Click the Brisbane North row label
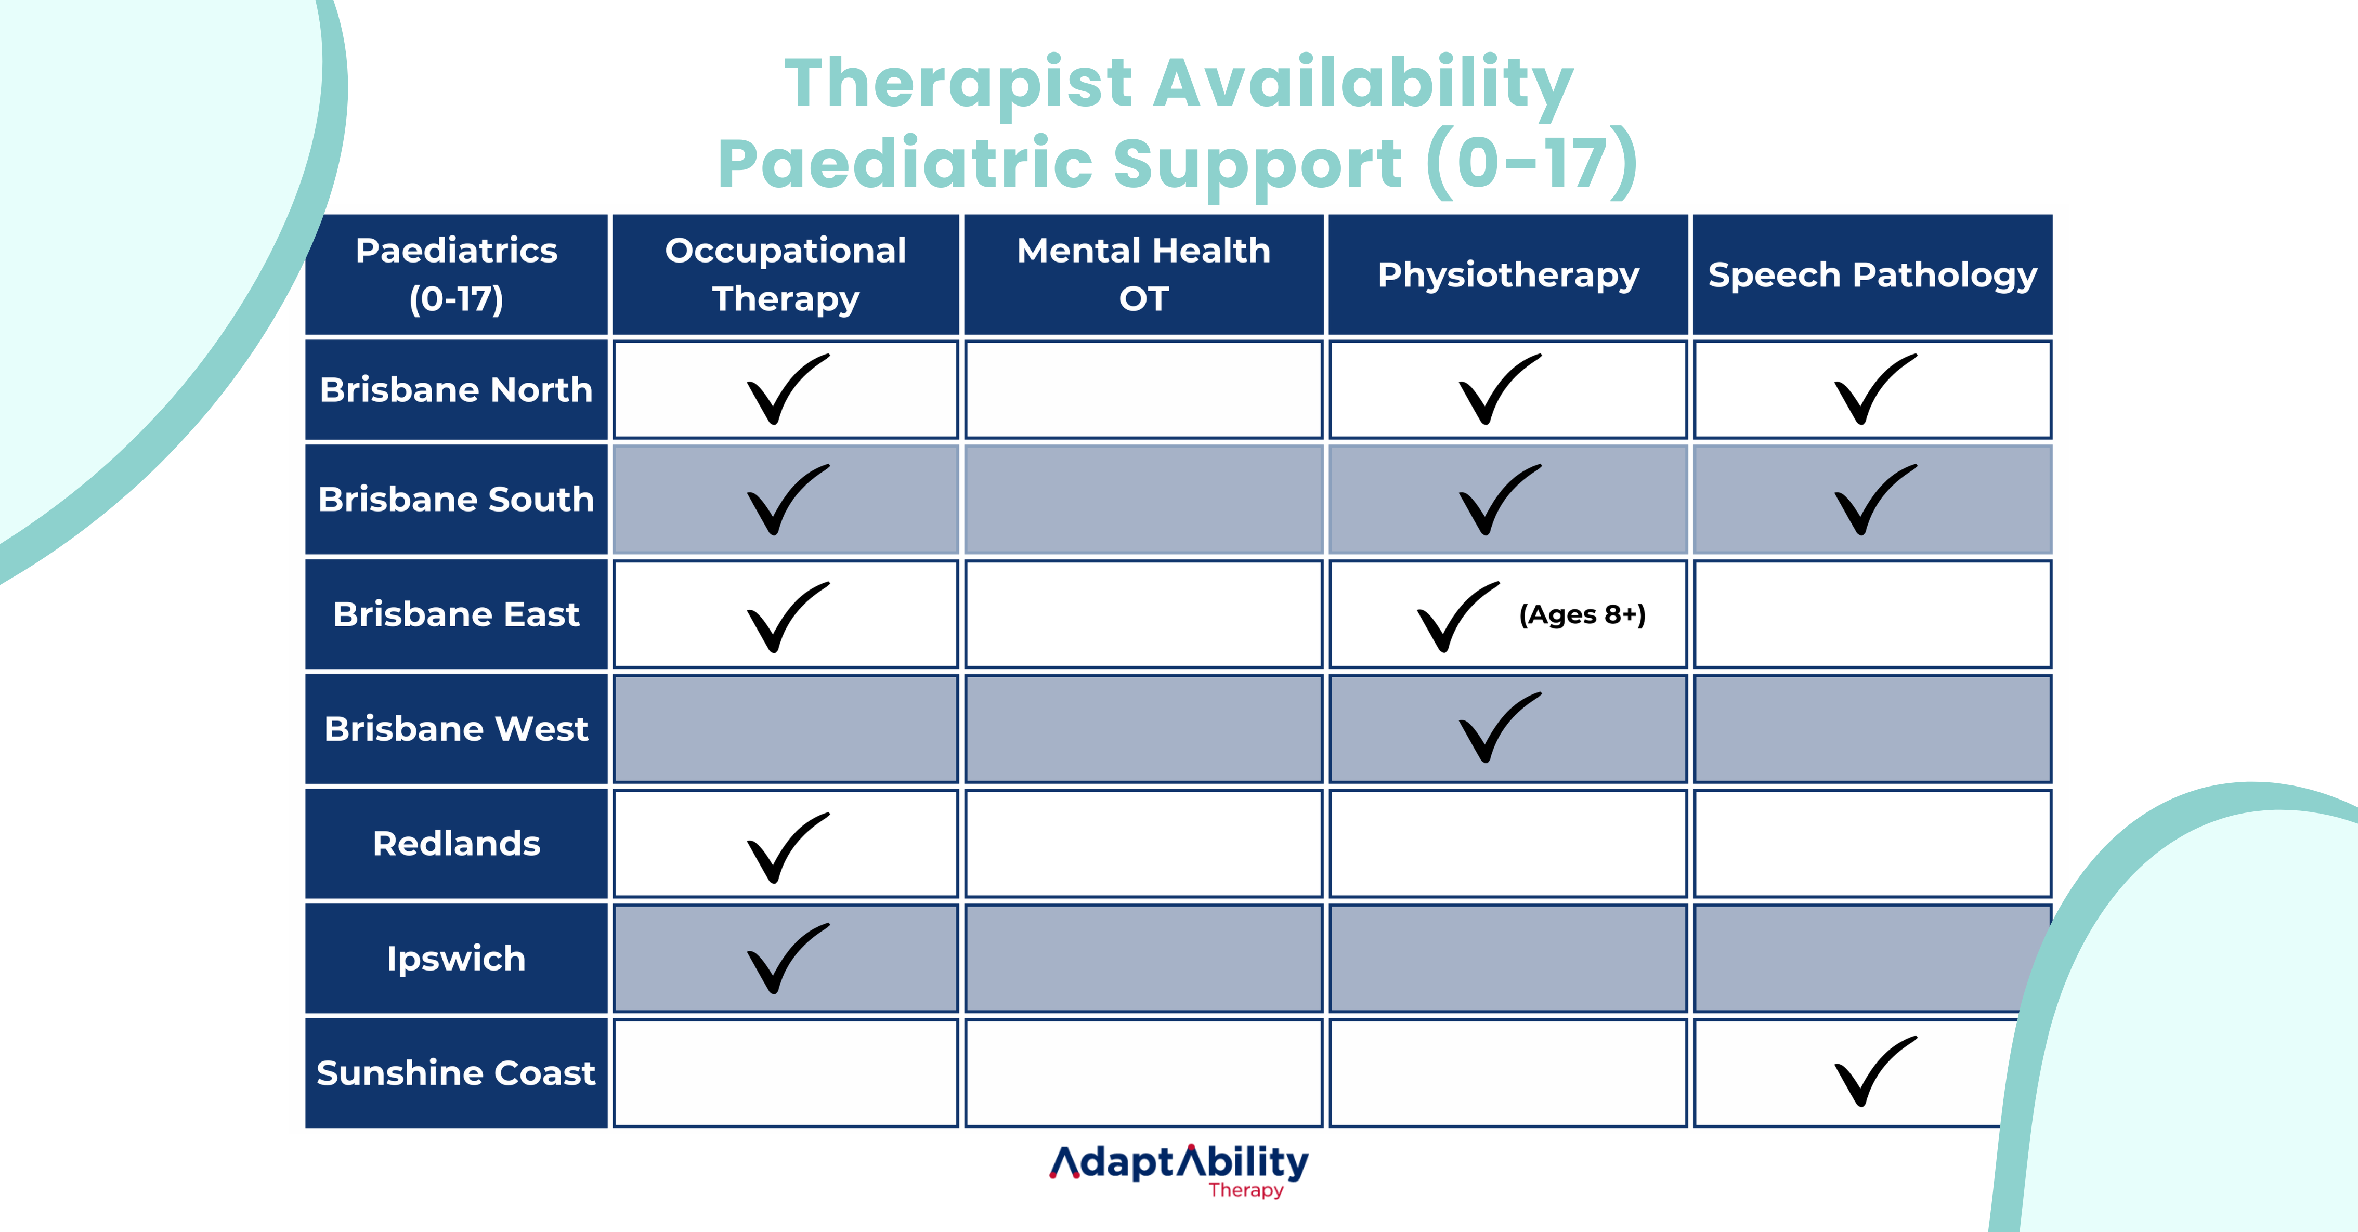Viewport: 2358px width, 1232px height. (456, 390)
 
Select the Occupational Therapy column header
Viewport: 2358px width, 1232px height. (785, 274)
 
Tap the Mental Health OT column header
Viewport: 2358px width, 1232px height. (1143, 274)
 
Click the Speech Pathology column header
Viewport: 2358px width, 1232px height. (1872, 274)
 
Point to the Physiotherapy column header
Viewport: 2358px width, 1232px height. (1508, 274)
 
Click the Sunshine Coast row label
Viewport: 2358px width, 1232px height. (456, 1073)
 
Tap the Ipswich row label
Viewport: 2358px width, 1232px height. (456, 959)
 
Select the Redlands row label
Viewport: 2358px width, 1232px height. (456, 843)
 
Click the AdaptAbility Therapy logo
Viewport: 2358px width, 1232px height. (1179, 1170)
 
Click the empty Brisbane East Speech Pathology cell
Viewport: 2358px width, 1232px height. (1872, 614)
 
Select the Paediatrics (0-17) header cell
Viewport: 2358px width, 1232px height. (456, 274)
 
